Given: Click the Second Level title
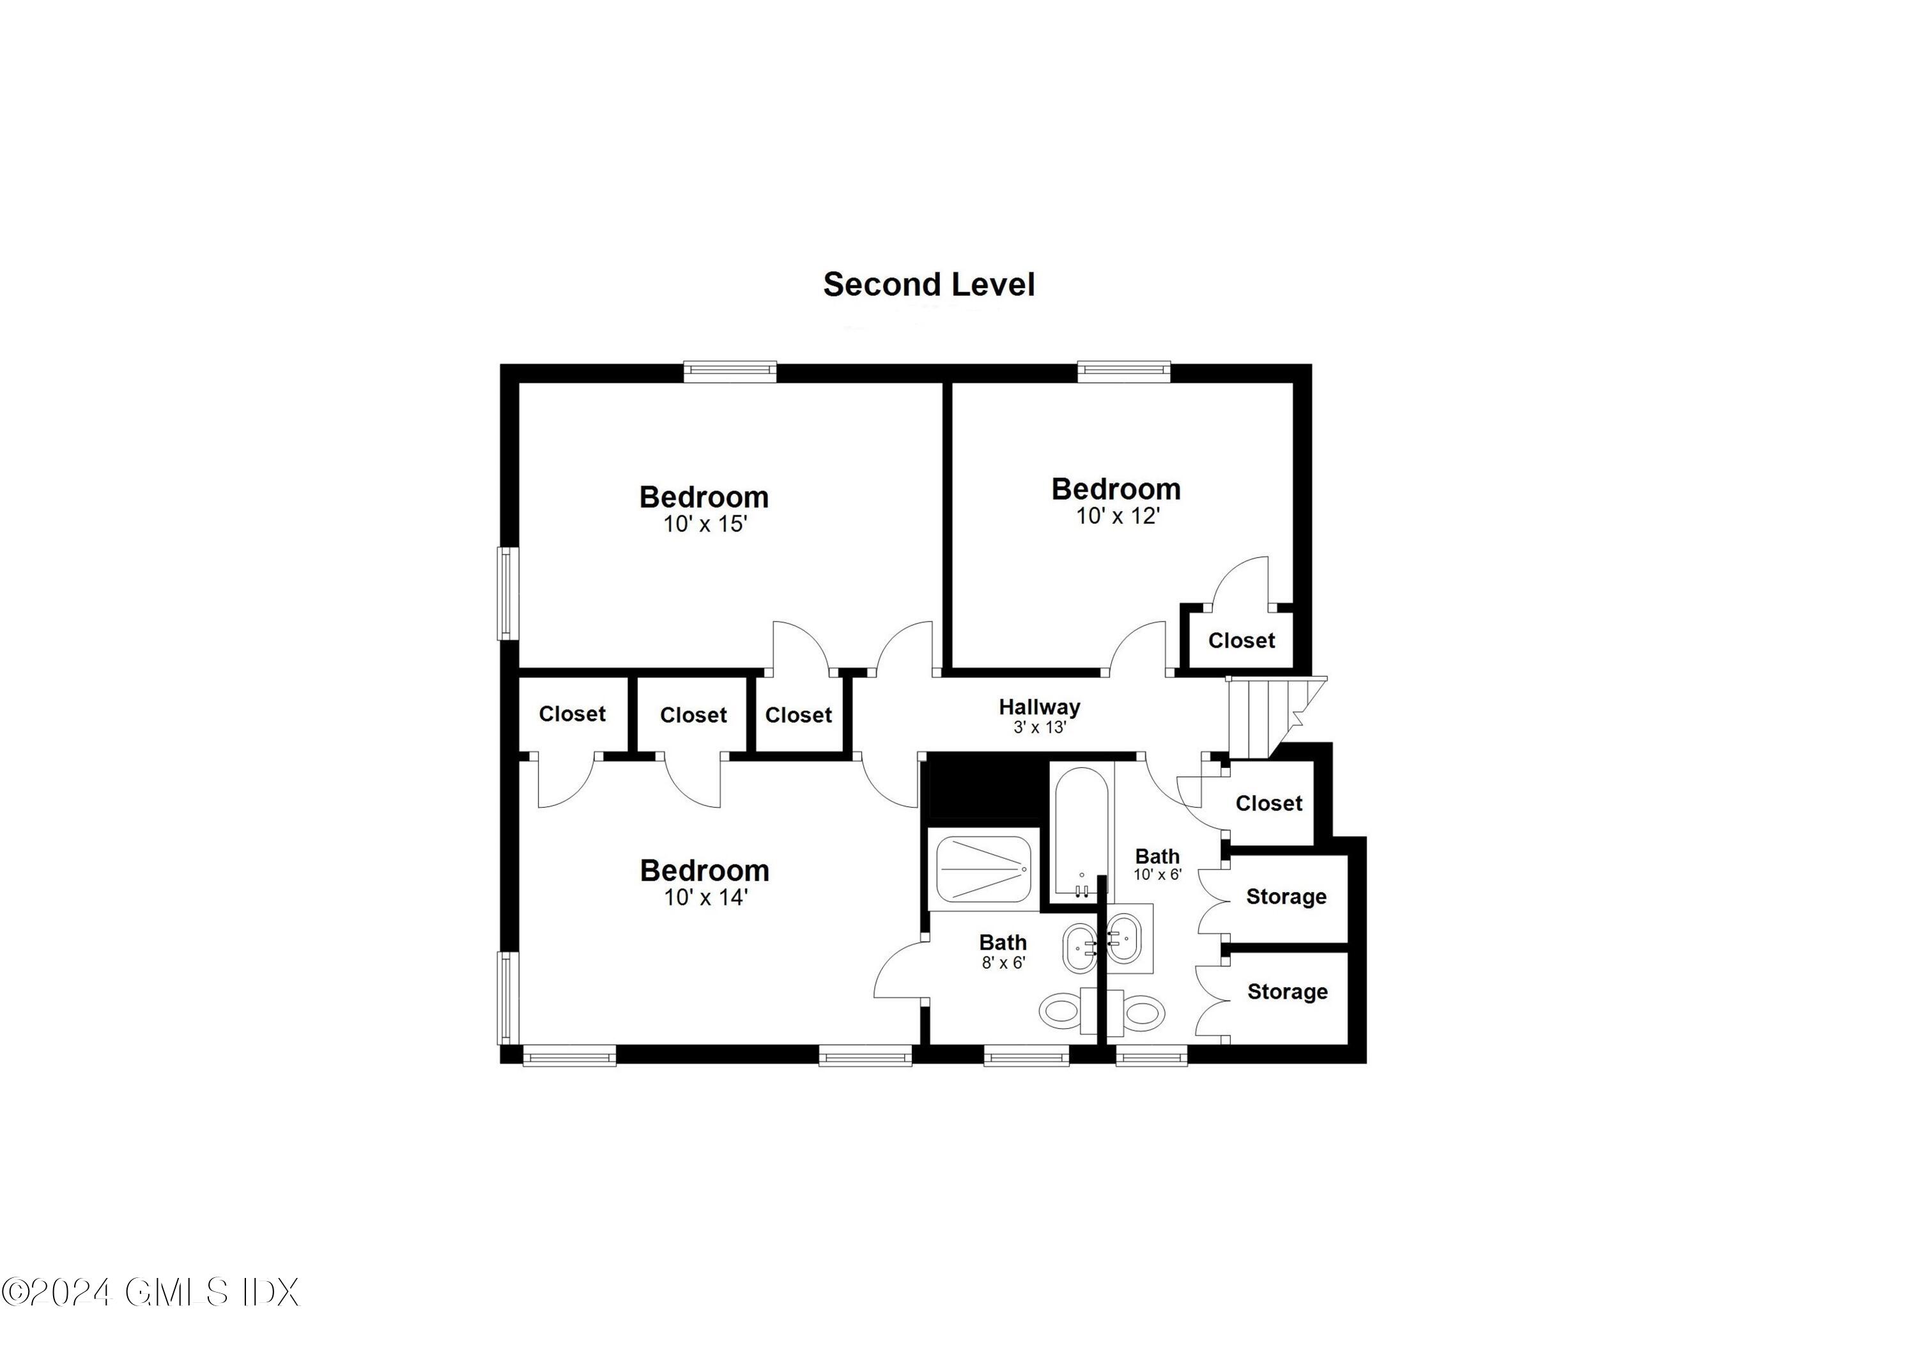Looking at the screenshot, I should pos(928,284).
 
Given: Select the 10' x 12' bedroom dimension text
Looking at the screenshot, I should pos(1117,516).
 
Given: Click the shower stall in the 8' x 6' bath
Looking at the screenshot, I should pos(983,869).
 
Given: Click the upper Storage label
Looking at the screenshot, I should pos(1286,896).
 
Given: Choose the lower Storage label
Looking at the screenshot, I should pos(1287,992).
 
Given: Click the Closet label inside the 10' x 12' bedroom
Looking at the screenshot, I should pos(1241,640).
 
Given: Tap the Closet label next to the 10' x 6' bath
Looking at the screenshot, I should pos(1268,803).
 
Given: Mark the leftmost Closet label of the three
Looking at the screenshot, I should pos(572,714).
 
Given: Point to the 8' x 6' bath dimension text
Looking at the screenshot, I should pos(1003,962).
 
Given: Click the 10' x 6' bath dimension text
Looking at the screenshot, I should pos(1157,875).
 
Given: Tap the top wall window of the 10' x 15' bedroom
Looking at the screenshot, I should pos(730,371).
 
